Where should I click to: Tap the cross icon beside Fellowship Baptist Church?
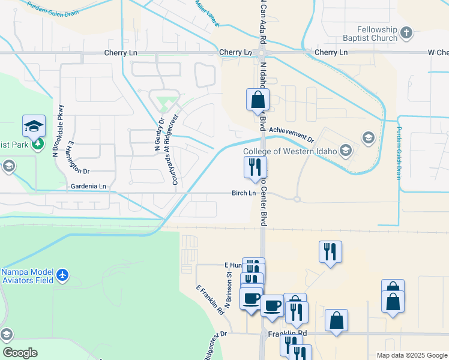coord(406,32)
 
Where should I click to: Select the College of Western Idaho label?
coord(291,151)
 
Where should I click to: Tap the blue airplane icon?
coord(63,275)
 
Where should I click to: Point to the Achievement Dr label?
coord(291,133)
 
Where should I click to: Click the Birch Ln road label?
coord(244,193)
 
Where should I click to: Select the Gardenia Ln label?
coord(88,187)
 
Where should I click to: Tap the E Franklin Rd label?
coord(209,299)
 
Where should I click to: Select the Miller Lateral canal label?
coord(207,8)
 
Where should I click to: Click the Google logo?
coord(19,353)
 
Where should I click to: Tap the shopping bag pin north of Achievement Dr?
coord(258,100)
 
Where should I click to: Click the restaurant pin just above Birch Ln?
coord(255,167)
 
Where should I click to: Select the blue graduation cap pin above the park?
coord(34,126)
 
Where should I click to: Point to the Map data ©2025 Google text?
coord(411,355)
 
